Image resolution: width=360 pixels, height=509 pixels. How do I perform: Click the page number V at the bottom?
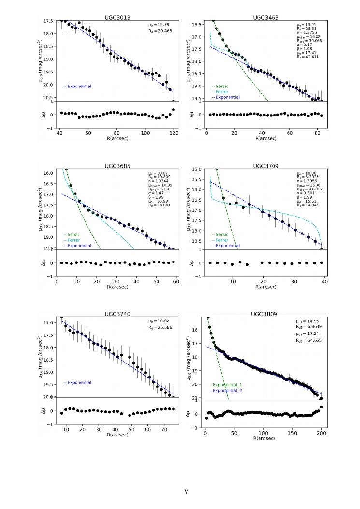[x=186, y=491]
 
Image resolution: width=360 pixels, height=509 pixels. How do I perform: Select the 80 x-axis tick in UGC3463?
[x=317, y=133]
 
